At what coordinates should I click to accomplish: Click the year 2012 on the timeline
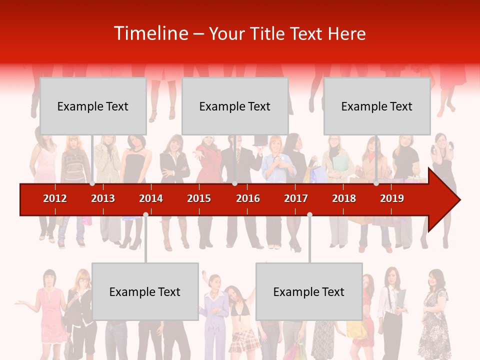click(x=55, y=198)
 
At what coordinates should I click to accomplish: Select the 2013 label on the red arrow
click(x=103, y=198)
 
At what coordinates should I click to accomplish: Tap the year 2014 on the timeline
click(x=151, y=198)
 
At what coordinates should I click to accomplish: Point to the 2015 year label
click(x=199, y=198)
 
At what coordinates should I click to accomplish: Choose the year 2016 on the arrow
click(x=248, y=198)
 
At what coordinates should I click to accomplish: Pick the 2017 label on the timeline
click(x=296, y=198)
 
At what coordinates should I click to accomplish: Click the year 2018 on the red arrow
click(x=344, y=198)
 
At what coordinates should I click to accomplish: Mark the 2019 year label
click(x=392, y=198)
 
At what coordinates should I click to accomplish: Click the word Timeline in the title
click(x=150, y=33)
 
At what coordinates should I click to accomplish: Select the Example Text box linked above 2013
click(x=93, y=106)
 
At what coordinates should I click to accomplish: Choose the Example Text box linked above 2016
click(x=235, y=106)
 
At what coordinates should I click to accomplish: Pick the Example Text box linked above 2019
click(x=377, y=106)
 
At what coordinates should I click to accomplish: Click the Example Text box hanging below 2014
click(x=145, y=291)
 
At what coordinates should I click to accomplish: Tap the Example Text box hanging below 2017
click(x=309, y=291)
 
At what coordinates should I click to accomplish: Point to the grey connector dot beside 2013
click(x=92, y=183)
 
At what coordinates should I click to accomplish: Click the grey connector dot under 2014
click(x=145, y=214)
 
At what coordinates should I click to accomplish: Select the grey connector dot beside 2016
click(x=234, y=183)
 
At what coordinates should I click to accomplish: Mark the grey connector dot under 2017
click(x=309, y=214)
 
